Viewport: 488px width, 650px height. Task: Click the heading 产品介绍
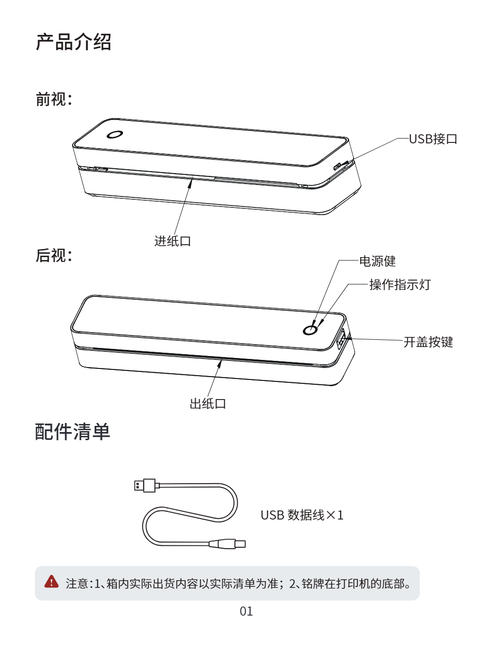[74, 42]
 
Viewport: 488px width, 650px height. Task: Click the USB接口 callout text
[433, 139]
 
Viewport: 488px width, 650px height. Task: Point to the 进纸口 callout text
[173, 241]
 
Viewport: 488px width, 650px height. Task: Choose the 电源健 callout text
[377, 261]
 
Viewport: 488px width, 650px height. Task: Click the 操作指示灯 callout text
[400, 285]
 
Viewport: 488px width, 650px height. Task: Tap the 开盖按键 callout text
[428, 342]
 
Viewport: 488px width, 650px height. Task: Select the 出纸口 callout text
[208, 404]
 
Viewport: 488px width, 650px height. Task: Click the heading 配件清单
[73, 432]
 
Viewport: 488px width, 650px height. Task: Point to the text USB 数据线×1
[302, 515]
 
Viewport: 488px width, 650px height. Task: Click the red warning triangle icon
[51, 582]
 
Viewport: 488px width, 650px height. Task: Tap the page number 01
[246, 611]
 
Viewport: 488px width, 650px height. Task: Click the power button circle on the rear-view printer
[311, 330]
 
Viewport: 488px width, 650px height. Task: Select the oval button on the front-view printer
[115, 134]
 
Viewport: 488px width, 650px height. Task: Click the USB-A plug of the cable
[144, 486]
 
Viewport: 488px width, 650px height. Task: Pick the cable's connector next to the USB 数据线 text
[228, 544]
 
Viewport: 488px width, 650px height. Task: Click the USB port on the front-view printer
[338, 166]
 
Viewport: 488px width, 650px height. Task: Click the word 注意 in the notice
[77, 584]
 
